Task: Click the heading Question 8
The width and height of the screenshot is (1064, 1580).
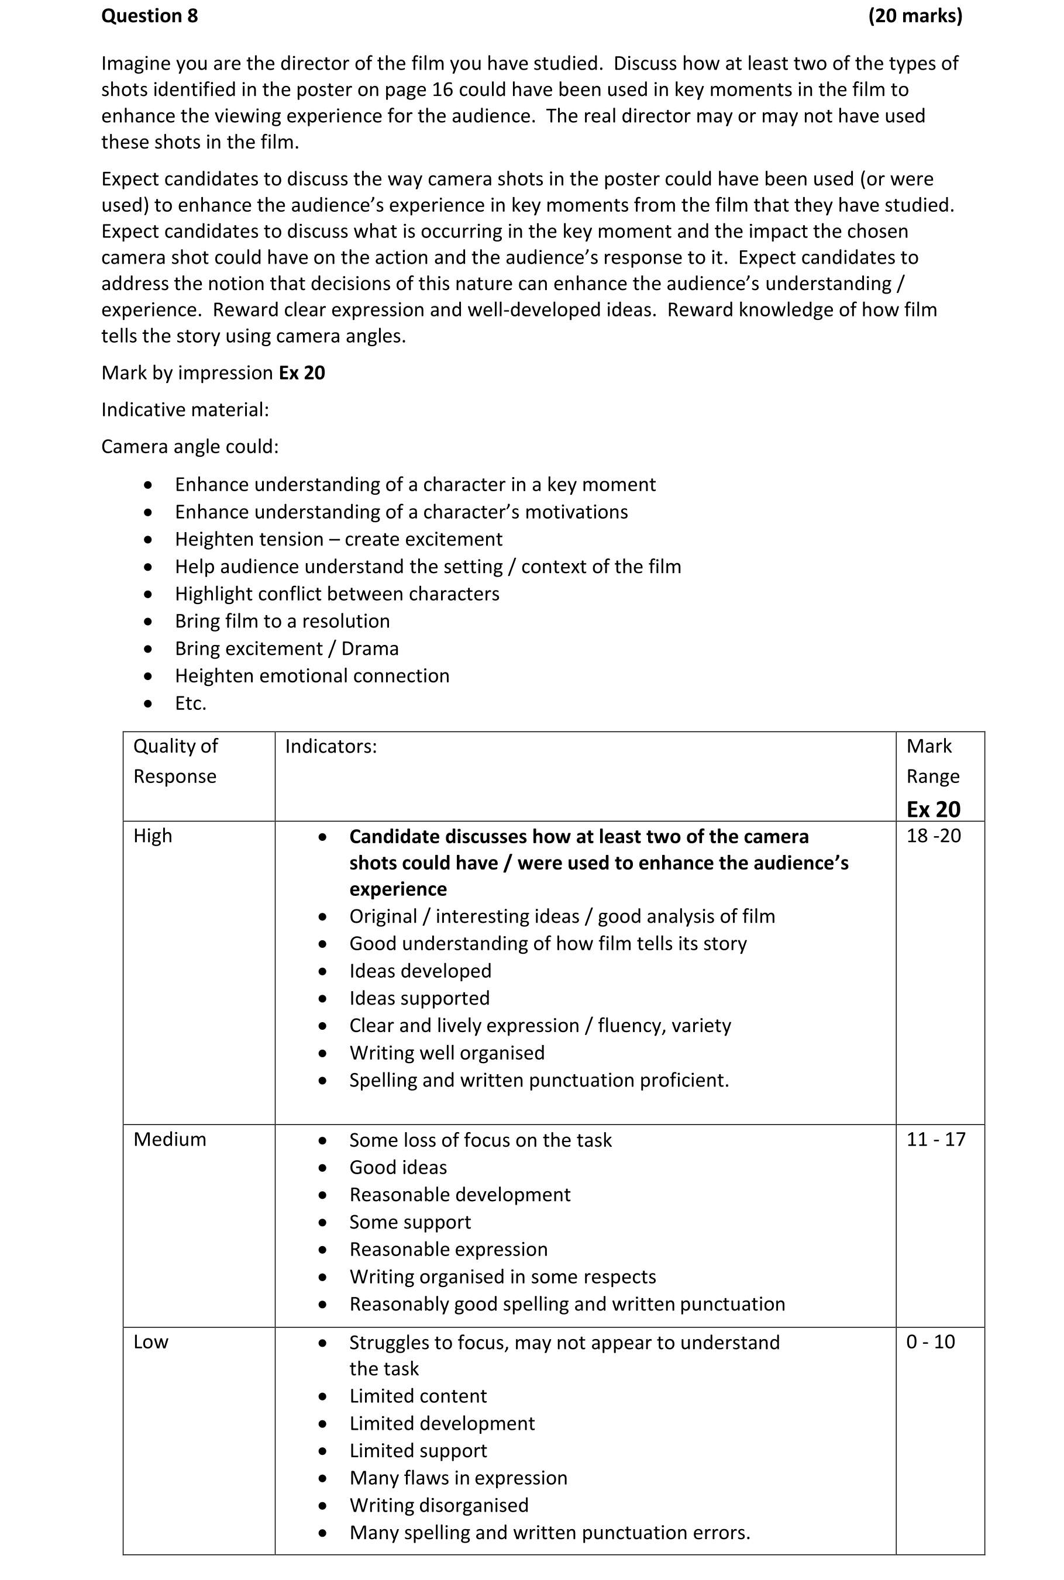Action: [149, 16]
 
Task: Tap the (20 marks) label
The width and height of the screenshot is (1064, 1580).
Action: [915, 16]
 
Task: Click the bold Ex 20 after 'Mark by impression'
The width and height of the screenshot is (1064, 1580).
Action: [302, 373]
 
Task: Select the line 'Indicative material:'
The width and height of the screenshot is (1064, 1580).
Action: [185, 410]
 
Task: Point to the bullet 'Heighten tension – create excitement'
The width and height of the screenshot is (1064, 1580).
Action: [338, 539]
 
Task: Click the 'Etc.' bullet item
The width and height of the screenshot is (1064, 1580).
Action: [190, 703]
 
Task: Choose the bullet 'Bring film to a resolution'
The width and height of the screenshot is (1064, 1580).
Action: [283, 622]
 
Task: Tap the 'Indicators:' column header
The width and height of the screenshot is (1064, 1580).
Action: [330, 746]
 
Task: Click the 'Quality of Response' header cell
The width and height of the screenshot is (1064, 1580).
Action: [175, 761]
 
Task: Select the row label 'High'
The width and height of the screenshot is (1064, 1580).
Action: [153, 836]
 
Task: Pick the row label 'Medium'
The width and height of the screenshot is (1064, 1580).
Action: [170, 1140]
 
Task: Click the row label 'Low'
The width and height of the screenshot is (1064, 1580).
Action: [151, 1343]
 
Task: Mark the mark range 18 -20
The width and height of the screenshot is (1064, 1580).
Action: [934, 836]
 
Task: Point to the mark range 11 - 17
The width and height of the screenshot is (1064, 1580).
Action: [936, 1140]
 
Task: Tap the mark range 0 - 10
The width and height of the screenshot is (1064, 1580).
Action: [930, 1343]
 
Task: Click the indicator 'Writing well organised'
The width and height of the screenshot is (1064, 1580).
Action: [446, 1053]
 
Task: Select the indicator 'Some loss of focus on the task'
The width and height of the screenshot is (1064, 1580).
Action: [480, 1140]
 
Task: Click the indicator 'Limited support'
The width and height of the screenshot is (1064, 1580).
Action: [418, 1451]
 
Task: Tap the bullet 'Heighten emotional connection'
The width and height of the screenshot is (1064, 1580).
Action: [312, 677]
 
